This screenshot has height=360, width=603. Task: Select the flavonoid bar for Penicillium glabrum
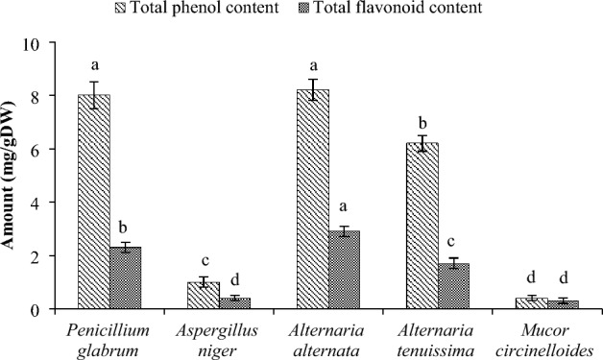(x=128, y=278)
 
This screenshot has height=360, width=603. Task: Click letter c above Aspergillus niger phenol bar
(x=204, y=261)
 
